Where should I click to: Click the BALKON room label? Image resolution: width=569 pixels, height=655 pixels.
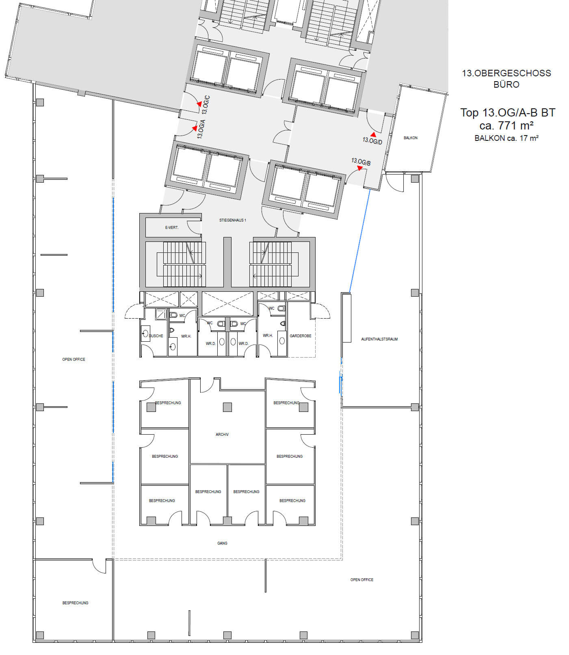tap(410, 138)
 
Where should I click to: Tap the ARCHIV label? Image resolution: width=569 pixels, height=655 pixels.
tap(222, 435)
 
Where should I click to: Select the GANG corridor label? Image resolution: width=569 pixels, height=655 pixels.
tap(222, 543)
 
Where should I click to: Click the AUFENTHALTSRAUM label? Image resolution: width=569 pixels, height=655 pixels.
tap(379, 339)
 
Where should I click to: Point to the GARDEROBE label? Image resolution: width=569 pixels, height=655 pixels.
tap(301, 336)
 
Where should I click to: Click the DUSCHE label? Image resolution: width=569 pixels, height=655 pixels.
tap(156, 336)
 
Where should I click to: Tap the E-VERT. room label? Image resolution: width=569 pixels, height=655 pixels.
tap(172, 228)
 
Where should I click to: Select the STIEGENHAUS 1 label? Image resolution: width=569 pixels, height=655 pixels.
tap(233, 220)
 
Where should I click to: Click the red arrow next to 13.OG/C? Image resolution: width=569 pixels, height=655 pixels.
tap(199, 104)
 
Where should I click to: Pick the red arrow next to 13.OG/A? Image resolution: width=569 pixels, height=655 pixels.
tap(195, 129)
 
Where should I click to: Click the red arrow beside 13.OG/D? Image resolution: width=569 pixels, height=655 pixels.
tap(373, 134)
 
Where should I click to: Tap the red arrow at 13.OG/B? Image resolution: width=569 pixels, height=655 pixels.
tap(360, 168)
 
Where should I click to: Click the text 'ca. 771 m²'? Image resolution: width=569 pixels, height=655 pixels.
tap(506, 125)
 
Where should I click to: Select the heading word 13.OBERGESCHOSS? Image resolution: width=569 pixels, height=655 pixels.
tap(506, 73)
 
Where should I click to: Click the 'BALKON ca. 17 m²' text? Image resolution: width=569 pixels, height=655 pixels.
tap(506, 138)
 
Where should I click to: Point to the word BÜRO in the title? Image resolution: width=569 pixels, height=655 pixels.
tap(506, 84)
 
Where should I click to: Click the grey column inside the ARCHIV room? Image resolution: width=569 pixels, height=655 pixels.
tap(227, 407)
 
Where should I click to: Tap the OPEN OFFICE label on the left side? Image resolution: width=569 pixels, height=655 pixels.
tap(74, 360)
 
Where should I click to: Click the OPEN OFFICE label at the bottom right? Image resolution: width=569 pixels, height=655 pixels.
tap(362, 580)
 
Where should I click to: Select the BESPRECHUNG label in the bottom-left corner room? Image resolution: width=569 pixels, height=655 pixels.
tap(75, 603)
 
